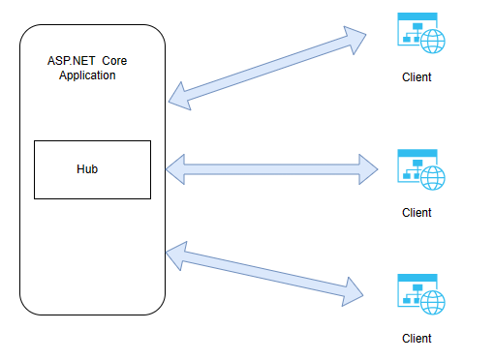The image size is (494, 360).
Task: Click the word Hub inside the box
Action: pos(87,169)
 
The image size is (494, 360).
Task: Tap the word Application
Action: pos(86,75)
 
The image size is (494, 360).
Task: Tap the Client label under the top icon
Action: pos(417,77)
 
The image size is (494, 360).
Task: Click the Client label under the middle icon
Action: pos(417,213)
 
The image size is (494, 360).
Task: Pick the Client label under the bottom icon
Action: pos(417,339)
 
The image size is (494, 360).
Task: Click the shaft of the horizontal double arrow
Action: pos(271,169)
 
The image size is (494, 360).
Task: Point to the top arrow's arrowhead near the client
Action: pos(355,38)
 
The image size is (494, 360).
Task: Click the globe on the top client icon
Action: pos(433,43)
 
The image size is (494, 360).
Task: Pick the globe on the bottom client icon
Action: pos(433,303)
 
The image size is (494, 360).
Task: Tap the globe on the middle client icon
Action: pos(433,178)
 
